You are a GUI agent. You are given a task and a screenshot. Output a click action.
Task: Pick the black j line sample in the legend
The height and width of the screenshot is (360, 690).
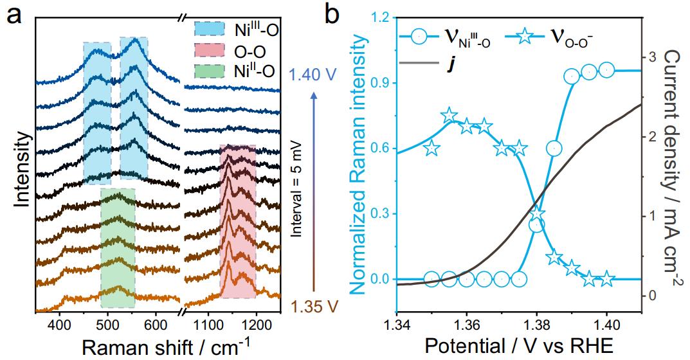[x=419, y=62]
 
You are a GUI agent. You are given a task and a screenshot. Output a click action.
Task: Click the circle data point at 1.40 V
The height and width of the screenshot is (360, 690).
[x=606, y=69]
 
